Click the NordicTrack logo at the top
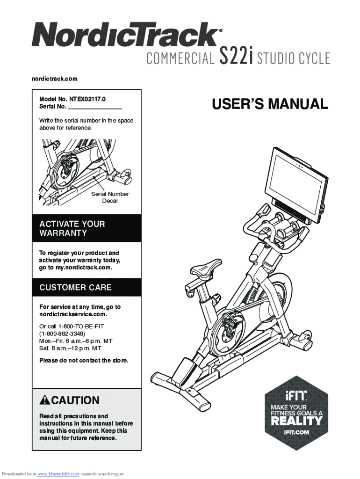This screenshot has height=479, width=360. [125, 36]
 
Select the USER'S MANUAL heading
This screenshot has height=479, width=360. [270, 104]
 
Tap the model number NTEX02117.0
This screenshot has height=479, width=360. [88, 99]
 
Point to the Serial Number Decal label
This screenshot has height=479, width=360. [110, 197]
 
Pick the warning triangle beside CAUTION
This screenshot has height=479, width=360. [45, 400]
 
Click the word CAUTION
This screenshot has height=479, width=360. [75, 400]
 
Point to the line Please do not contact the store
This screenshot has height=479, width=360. [83, 360]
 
